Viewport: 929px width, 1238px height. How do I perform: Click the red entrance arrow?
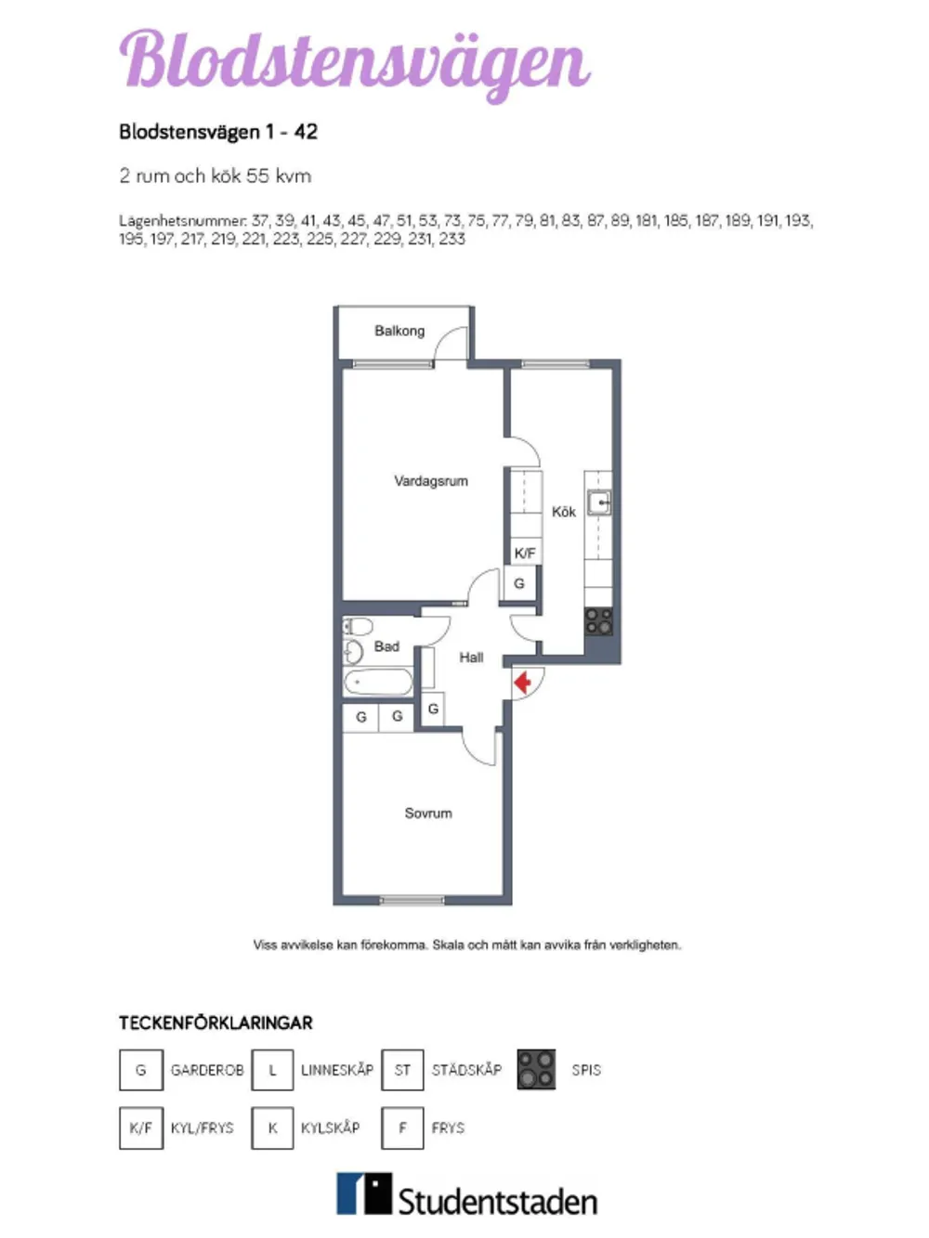[x=523, y=683]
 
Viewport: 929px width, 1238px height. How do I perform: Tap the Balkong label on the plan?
[x=399, y=331]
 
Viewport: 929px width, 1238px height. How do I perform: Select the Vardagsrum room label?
[x=431, y=481]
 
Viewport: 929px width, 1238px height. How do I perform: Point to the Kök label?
[x=563, y=512]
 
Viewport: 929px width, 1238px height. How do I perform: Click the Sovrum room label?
[x=428, y=813]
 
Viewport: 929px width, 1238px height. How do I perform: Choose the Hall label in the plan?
[x=471, y=658]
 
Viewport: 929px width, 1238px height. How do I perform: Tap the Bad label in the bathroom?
[x=386, y=646]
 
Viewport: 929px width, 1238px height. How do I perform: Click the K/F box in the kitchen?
[x=525, y=553]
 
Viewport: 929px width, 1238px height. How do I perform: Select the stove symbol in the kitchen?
[x=598, y=621]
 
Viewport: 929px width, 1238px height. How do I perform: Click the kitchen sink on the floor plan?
[x=599, y=503]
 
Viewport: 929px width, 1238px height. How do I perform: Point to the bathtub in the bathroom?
[x=378, y=684]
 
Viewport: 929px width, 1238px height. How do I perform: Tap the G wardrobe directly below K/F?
[x=519, y=583]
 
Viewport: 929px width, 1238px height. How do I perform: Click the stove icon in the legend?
[x=536, y=1069]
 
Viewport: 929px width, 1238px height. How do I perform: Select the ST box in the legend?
[x=402, y=1070]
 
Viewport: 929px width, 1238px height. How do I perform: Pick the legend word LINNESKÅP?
[x=337, y=1070]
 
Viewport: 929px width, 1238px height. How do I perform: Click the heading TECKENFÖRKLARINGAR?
[x=216, y=1023]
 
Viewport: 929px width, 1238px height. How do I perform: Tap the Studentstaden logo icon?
[x=363, y=1193]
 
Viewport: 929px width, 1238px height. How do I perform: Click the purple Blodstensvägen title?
[x=355, y=59]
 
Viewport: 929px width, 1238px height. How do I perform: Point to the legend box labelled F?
[x=402, y=1127]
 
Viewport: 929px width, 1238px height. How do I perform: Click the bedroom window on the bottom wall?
[x=412, y=900]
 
